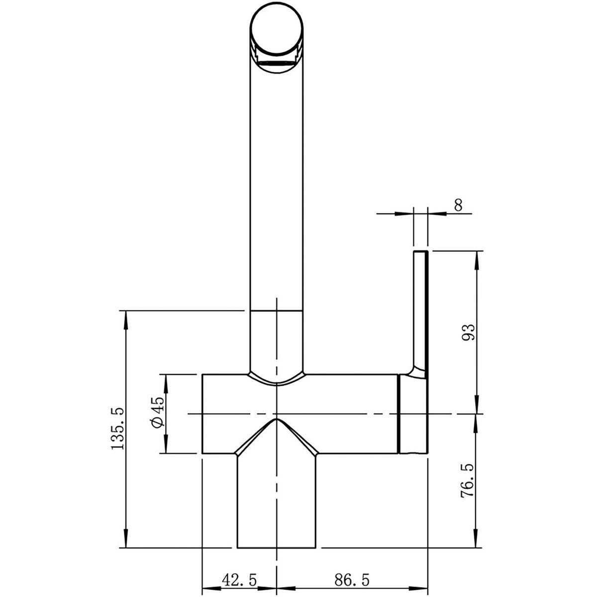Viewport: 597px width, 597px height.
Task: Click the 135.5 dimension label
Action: [117, 429]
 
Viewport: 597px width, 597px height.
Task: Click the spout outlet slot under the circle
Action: [276, 63]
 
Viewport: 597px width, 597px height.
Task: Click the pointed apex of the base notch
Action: [276, 419]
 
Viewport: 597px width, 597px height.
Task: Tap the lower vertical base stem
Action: [276, 502]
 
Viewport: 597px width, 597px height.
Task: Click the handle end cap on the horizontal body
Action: [413, 414]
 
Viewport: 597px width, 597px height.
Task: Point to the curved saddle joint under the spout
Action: [276, 382]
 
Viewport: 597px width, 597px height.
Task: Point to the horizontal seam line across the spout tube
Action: [276, 311]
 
